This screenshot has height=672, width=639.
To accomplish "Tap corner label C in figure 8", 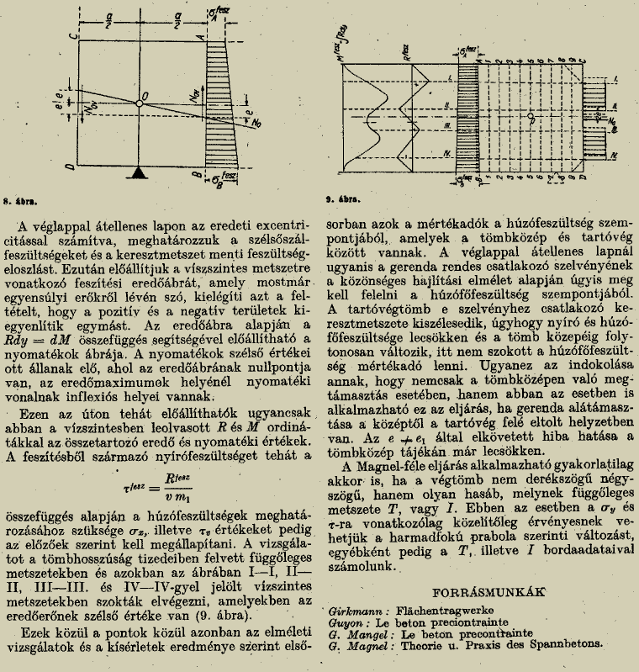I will click(75, 37).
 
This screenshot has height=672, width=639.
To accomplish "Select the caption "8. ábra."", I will click(22, 202).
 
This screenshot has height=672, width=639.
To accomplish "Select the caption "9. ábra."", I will click(344, 201).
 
